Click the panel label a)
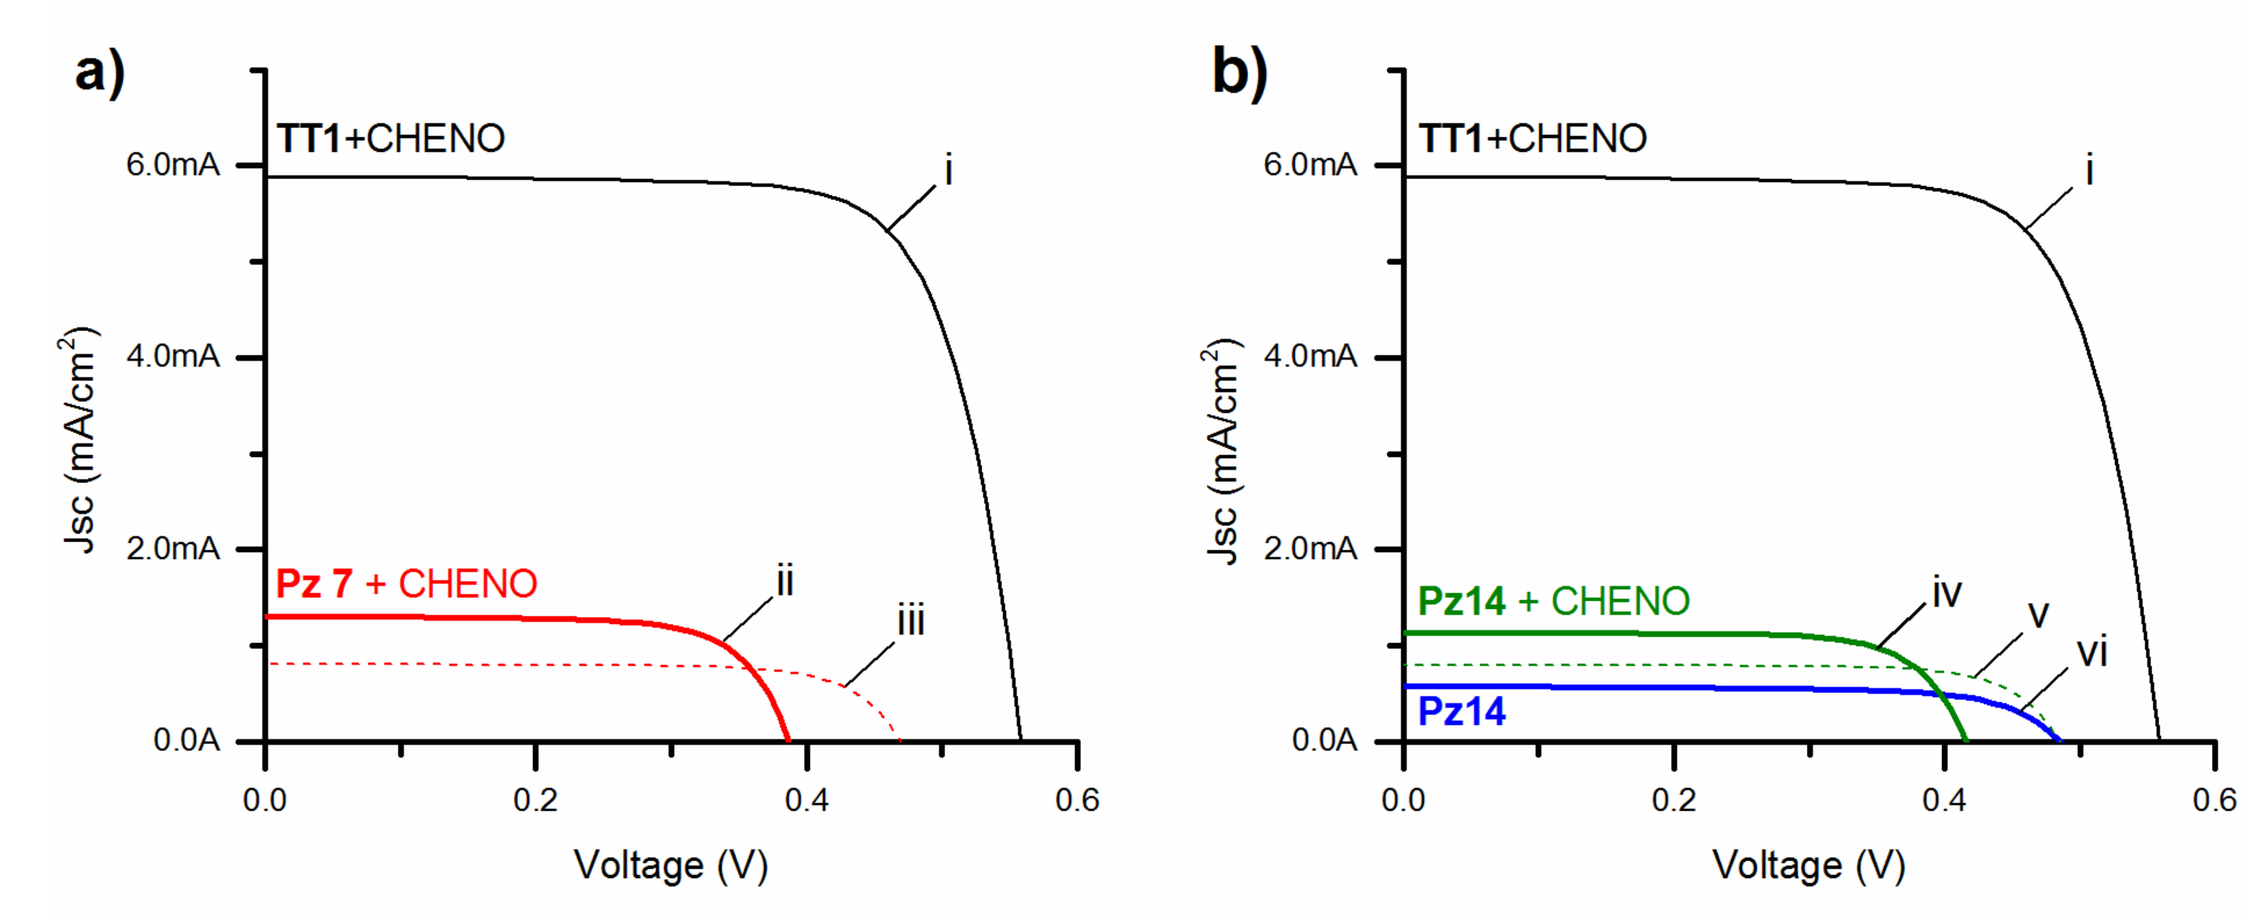point(99,73)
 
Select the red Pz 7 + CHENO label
point(406,584)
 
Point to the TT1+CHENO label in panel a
point(391,139)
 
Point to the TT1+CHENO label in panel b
point(1532,139)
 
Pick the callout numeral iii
point(911,622)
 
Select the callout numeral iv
point(1947,594)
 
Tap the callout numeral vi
point(2091,652)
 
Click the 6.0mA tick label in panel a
point(173,164)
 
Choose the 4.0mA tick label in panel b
point(1310,357)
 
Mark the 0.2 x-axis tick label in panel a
point(535,800)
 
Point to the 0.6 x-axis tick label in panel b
point(2214,800)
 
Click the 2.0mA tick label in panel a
point(173,549)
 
